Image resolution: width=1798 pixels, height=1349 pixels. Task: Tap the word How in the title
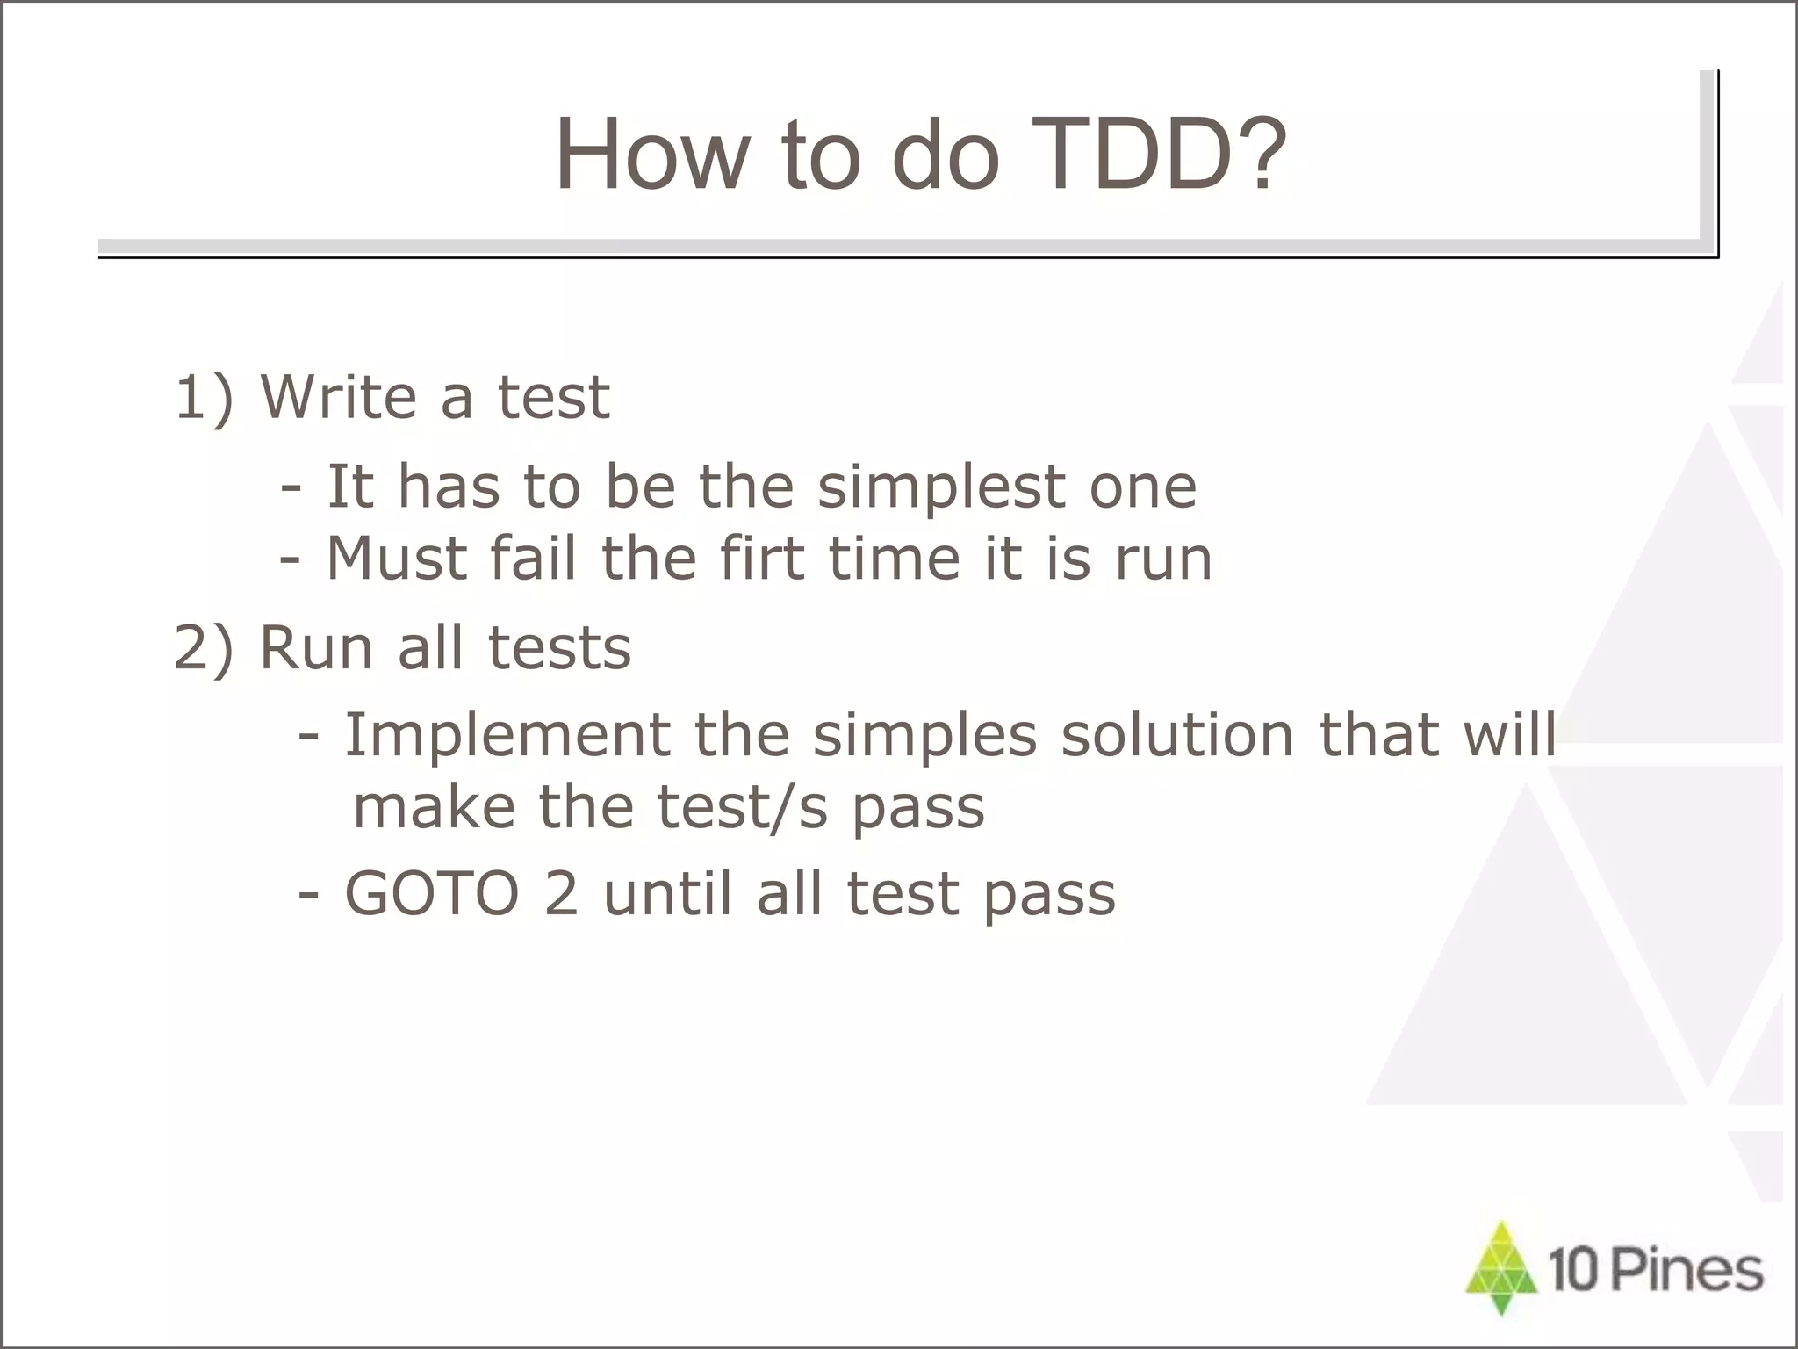click(x=653, y=155)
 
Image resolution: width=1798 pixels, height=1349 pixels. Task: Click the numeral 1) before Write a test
click(x=205, y=398)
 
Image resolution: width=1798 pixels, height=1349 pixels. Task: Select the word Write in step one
click(x=338, y=396)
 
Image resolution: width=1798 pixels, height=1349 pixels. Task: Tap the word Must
click(x=396, y=559)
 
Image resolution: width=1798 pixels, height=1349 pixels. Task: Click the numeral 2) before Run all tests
click(x=205, y=649)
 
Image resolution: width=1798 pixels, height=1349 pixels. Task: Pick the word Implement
click(x=507, y=734)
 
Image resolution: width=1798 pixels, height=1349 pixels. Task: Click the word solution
click(x=1177, y=734)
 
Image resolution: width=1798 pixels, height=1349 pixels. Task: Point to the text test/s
click(x=743, y=807)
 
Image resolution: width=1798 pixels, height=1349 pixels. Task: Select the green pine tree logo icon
click(x=1502, y=1266)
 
